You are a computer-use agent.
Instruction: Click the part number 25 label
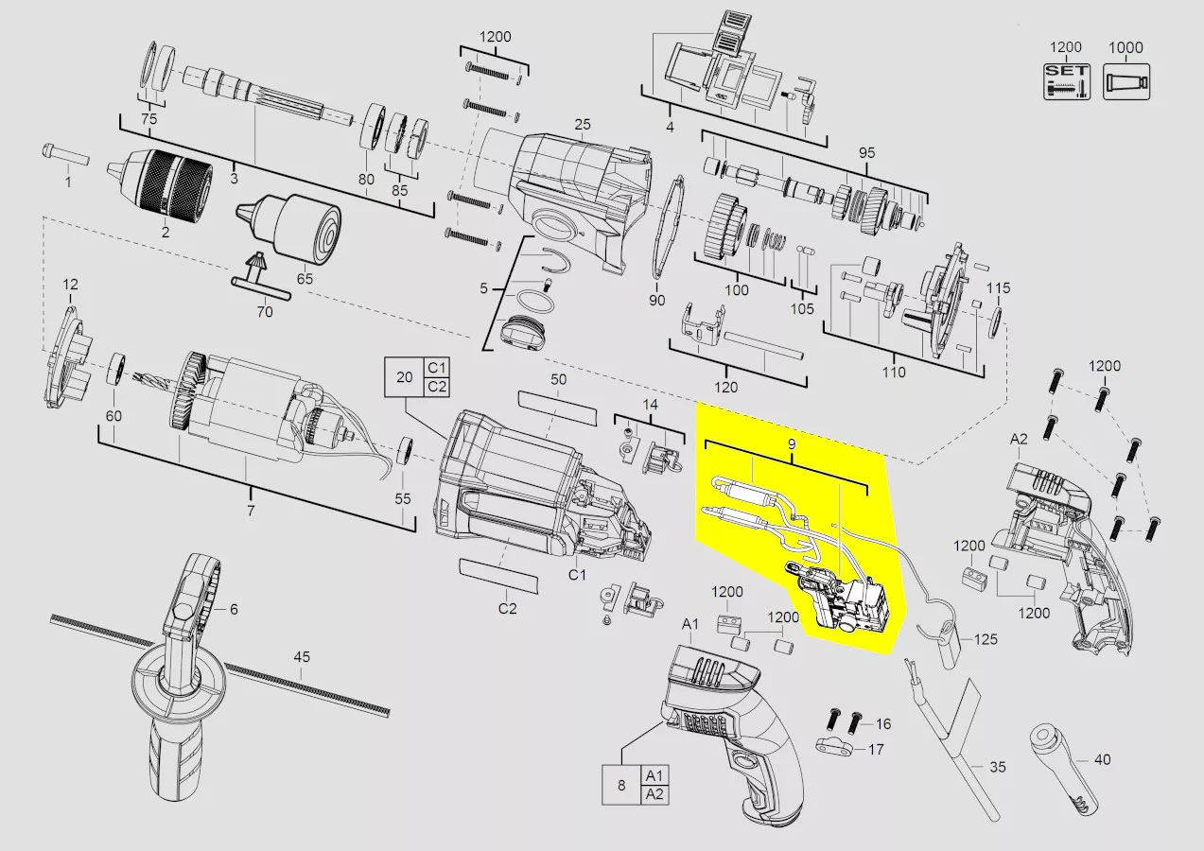[x=582, y=125]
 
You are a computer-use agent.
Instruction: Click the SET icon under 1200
[x=1067, y=81]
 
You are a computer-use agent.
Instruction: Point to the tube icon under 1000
[x=1126, y=81]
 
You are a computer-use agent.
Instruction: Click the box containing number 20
[x=404, y=377]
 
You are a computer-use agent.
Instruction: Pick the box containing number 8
[x=621, y=785]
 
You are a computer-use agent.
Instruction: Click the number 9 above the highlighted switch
[x=792, y=444]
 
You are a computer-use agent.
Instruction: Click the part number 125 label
[x=986, y=639]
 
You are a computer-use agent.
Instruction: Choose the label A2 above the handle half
[x=1019, y=439]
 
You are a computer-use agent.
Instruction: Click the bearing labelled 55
[x=407, y=450]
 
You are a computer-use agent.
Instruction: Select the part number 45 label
[x=302, y=656]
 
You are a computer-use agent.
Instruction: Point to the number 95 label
[x=866, y=152]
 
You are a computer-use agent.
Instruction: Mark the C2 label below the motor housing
[x=507, y=608]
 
